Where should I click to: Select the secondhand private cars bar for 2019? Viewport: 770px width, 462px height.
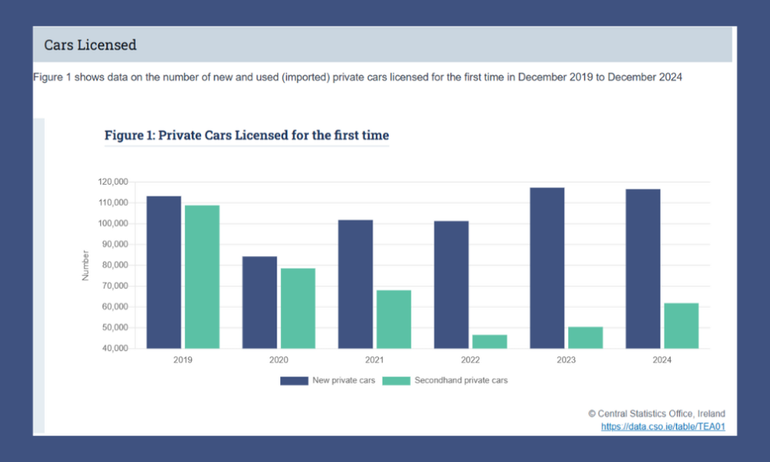pos(202,276)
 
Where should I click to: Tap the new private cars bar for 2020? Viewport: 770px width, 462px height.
pos(260,302)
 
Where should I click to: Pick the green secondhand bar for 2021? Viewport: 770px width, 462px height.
pos(394,319)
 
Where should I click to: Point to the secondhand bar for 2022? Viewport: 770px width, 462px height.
pos(490,342)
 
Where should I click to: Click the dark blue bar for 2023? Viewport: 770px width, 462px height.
pos(547,268)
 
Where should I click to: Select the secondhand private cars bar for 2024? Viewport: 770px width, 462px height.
pos(682,325)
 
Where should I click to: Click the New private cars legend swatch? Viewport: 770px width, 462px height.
pos(294,380)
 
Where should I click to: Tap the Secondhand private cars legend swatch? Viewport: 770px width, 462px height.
pos(397,380)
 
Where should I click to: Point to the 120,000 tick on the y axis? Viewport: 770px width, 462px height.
pos(113,182)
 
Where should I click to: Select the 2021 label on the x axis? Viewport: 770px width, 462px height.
pos(374,360)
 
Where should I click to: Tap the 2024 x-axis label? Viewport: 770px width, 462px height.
pos(662,360)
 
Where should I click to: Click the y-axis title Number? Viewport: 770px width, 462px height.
pos(86,265)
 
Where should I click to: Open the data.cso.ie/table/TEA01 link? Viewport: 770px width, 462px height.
pos(663,426)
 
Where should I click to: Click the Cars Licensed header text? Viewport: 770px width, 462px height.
pos(90,45)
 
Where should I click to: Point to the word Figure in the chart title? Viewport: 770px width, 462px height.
pos(124,135)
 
